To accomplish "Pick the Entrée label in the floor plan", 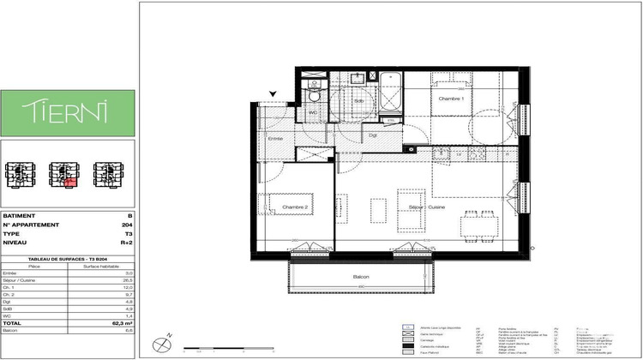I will pos(275,138).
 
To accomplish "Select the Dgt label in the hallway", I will pos(374,135).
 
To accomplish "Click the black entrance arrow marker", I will pos(273,94).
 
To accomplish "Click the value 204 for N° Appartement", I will pos(128,225).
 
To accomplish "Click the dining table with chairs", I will pos(479,224).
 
